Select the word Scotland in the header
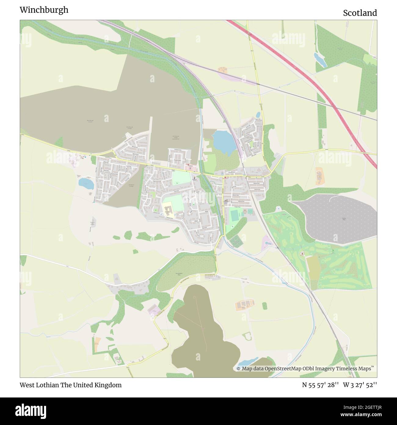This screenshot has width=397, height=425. point(360,13)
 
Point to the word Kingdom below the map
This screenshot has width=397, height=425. point(110,385)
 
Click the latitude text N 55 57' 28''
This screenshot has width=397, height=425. point(320,385)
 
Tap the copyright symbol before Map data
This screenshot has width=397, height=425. point(239,369)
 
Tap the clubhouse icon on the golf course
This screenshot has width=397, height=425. point(302,253)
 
